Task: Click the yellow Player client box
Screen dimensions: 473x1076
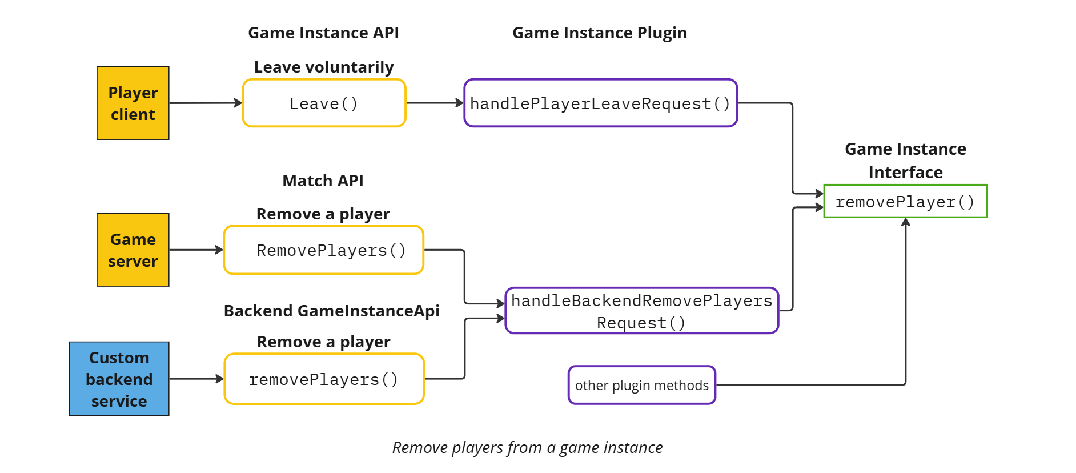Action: [133, 103]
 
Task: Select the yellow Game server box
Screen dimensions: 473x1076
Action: [133, 250]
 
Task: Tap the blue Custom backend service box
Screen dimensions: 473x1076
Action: [119, 379]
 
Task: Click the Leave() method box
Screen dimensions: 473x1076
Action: [324, 103]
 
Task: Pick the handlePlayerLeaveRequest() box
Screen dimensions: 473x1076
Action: [600, 103]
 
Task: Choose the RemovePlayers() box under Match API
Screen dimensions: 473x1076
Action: [324, 250]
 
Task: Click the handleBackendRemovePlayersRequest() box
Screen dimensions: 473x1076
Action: [641, 311]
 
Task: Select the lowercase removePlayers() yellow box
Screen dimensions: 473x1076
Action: [324, 379]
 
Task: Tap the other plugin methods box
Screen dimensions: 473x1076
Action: [641, 385]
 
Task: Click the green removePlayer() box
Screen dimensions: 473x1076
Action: [905, 202]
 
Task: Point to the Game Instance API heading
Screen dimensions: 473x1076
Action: [323, 33]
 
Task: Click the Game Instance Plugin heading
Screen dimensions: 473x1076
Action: [599, 33]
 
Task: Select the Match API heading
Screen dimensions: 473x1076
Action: [323, 181]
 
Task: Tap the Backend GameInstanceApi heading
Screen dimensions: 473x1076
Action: [331, 311]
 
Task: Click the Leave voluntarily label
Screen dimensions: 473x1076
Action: [324, 67]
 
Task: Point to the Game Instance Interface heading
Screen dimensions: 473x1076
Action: [905, 161]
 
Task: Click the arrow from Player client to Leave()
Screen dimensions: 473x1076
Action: [206, 103]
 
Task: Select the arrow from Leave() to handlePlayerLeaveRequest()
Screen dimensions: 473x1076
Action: [435, 103]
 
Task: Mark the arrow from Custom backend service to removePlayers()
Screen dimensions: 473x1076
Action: [196, 379]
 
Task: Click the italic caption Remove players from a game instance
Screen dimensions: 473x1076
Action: [527, 447]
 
